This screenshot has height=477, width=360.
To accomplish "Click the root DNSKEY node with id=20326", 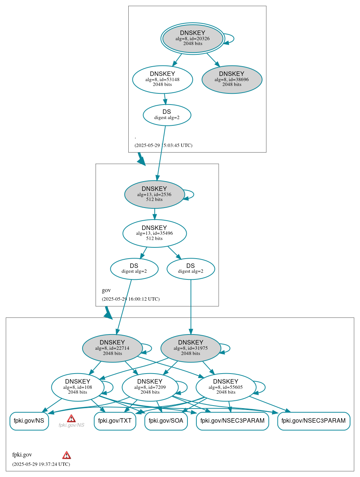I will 193,38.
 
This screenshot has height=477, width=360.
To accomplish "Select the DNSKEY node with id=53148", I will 163,79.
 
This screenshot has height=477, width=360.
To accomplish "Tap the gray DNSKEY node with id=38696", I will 232,79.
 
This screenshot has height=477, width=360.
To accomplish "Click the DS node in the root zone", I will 167,115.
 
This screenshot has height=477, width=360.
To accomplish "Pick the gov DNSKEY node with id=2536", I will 154,194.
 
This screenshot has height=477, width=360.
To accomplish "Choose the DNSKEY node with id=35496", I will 154,233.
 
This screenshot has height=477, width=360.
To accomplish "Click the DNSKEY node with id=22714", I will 112,348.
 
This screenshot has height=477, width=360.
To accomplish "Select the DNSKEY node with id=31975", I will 190,348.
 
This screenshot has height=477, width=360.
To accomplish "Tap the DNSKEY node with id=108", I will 77,387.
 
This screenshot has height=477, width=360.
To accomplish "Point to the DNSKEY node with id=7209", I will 150,387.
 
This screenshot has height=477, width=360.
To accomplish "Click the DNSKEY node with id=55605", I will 226,387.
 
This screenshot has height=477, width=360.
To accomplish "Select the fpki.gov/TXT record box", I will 115,421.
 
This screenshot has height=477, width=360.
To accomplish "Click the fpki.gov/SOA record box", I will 166,421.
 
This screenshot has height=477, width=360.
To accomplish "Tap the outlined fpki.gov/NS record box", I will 29,421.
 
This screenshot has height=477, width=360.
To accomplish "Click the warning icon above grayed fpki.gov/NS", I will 71,419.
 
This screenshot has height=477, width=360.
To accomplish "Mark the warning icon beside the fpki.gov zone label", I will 67,455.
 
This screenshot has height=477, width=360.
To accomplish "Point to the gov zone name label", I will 106,290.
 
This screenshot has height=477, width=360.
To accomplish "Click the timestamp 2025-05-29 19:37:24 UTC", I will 41,464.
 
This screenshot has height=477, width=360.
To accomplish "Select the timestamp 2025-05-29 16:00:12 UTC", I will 131,299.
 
